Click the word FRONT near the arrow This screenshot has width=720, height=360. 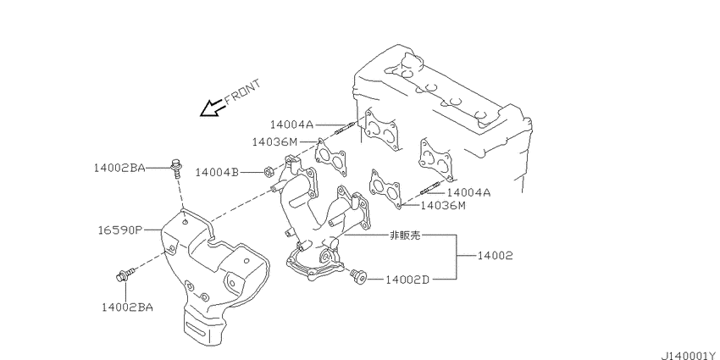click(242, 91)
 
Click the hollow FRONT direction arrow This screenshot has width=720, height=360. click(212, 108)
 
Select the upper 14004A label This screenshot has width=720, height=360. click(291, 125)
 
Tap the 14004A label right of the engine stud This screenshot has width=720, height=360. click(468, 192)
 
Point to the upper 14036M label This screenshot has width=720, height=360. click(274, 142)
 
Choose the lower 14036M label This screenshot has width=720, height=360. click(443, 205)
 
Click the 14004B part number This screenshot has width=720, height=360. click(217, 172)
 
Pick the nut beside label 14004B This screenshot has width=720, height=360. click(269, 173)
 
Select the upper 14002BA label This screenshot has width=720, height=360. click(119, 168)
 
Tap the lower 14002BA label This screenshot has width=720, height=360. click(127, 307)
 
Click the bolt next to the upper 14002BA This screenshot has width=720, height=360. click(176, 169)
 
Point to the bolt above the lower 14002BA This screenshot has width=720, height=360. click(125, 275)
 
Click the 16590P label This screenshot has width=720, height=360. click(120, 230)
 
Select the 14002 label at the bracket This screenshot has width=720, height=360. click(495, 255)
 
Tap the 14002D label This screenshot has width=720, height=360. click(407, 280)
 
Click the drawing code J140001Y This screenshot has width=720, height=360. click(688, 355)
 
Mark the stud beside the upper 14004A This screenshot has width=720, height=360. click(344, 129)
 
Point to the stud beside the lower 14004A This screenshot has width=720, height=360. click(429, 188)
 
